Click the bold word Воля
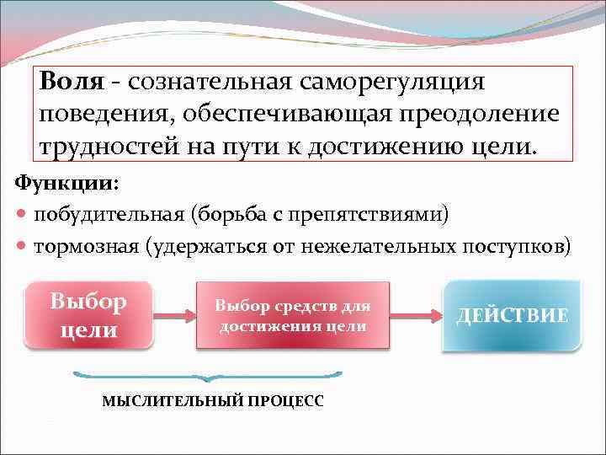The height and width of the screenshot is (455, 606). pyautogui.click(x=72, y=83)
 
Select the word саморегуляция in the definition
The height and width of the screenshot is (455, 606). pyautogui.click(x=394, y=83)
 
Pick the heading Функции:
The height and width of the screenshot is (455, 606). pyautogui.click(x=66, y=182)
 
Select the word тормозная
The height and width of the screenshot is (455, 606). pyautogui.click(x=87, y=246)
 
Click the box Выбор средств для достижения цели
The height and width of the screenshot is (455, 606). pyautogui.click(x=292, y=315)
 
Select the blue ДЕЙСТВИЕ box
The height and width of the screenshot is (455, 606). pyautogui.click(x=512, y=316)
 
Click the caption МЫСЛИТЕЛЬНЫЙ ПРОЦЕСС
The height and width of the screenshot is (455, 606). pyautogui.click(x=212, y=401)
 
